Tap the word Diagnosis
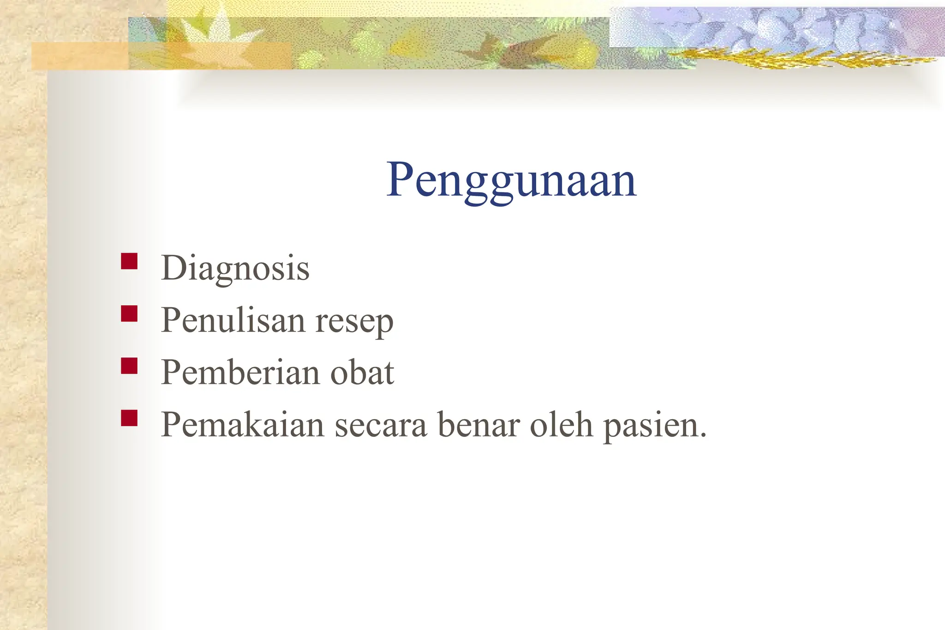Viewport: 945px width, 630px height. tap(235, 268)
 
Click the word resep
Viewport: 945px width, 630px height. tap(354, 321)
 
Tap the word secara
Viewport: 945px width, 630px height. tap(381, 425)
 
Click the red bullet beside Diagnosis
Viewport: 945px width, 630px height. tap(129, 261)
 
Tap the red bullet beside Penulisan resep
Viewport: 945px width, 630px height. tap(129, 314)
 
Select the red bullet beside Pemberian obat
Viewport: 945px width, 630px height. tap(129, 366)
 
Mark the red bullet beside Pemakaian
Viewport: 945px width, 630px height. tap(129, 418)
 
